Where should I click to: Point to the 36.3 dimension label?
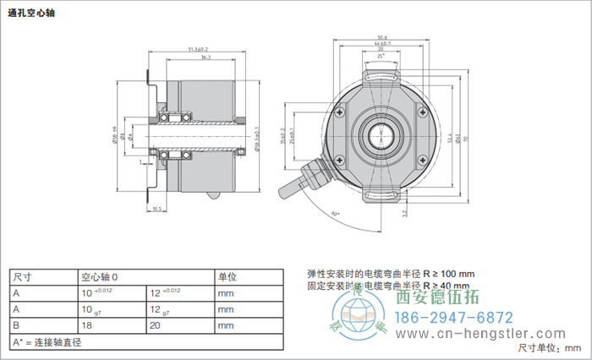point(206,60)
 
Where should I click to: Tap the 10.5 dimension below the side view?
point(156,208)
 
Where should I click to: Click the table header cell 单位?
point(227,277)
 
